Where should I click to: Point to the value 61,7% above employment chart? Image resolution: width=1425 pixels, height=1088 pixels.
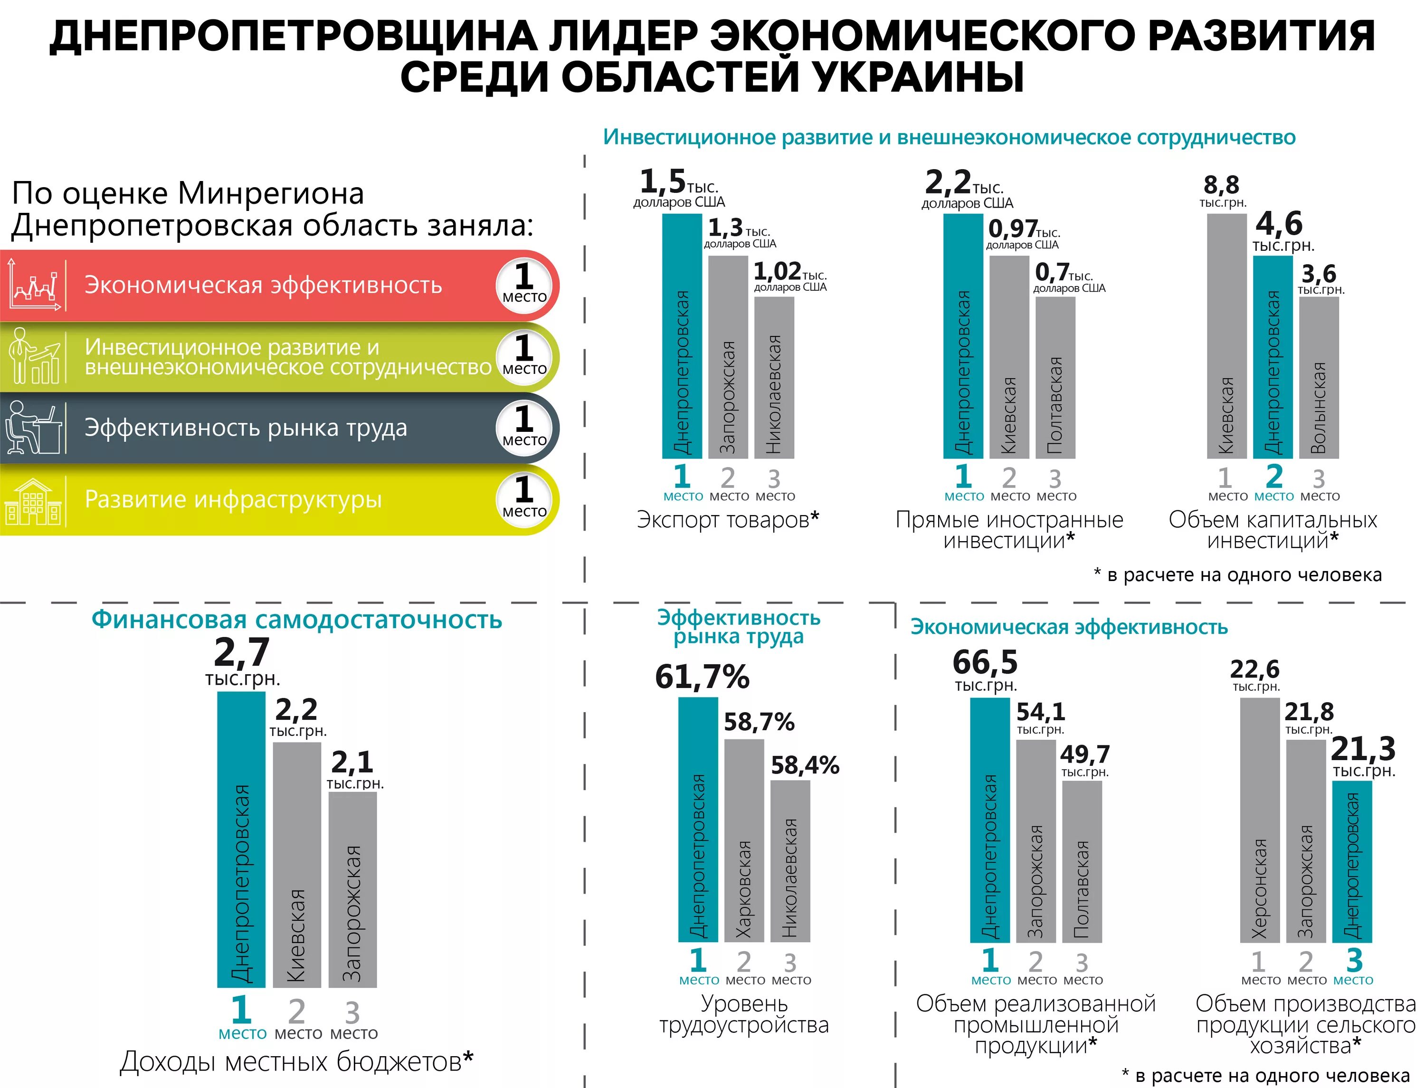pos(702,677)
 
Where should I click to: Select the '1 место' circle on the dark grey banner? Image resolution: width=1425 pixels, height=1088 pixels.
pos(524,428)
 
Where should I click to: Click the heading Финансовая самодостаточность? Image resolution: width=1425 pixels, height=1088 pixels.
pos(296,619)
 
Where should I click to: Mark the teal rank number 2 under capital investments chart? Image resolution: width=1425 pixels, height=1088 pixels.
pos(1273,477)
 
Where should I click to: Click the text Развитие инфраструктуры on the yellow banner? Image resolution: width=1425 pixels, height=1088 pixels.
pos(233,499)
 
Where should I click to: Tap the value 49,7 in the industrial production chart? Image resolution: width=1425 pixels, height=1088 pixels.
pos(1085,754)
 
